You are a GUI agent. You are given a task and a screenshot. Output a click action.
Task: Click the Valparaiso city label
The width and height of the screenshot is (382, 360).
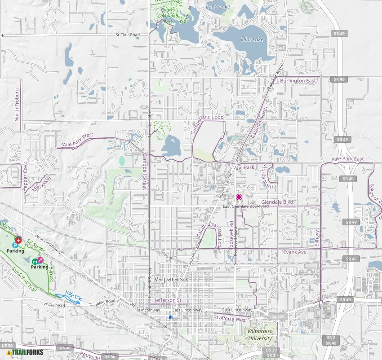170,279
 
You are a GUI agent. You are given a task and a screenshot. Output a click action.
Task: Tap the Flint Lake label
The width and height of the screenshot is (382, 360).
252,40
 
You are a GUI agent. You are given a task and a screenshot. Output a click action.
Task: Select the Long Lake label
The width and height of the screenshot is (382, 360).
218,7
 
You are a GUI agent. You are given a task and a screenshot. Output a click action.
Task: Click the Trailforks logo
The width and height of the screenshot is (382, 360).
25,352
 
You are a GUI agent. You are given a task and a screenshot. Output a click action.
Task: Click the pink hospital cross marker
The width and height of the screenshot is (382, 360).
239,197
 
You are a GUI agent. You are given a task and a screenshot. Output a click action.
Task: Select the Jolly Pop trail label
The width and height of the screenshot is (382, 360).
73,296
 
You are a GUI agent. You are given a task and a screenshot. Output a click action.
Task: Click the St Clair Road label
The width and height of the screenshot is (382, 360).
128,34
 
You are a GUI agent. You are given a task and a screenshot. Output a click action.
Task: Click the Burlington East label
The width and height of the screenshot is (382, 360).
298,81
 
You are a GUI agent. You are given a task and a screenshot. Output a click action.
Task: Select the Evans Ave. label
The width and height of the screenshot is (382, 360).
295,252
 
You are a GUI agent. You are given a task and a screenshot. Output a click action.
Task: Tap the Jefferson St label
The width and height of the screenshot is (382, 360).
168,300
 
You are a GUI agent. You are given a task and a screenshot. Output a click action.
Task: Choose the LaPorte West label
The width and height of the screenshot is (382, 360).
231,319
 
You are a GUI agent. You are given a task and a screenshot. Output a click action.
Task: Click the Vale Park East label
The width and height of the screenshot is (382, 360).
347,159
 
